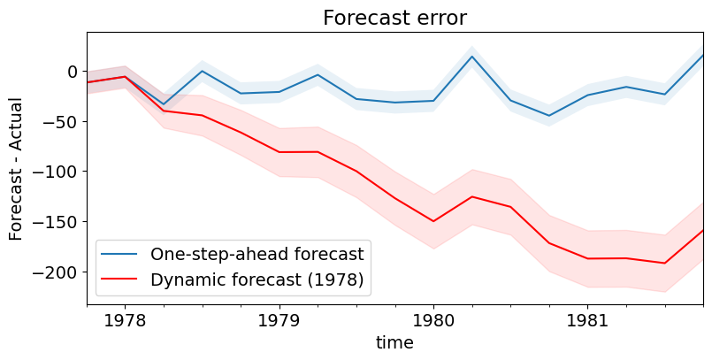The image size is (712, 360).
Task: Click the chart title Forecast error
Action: pos(394,18)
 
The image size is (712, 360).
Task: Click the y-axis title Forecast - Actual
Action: pos(16,168)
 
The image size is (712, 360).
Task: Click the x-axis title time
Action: pos(394,341)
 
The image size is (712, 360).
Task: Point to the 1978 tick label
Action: pos(125,319)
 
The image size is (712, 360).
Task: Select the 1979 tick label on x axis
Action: pos(279,319)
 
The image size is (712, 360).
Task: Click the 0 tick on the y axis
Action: pos(73,71)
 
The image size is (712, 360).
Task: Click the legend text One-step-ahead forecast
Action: pos(256,255)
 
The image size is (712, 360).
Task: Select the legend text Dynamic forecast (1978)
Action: pos(256,281)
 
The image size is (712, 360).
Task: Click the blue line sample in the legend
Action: pos(122,255)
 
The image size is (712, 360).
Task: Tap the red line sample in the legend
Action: pos(122,281)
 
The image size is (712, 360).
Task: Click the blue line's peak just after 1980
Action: pos(472,57)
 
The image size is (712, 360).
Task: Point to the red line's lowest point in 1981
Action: pos(665,263)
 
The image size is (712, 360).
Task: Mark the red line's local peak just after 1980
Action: pos(472,196)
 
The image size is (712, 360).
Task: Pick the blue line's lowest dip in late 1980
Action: pos(549,116)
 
